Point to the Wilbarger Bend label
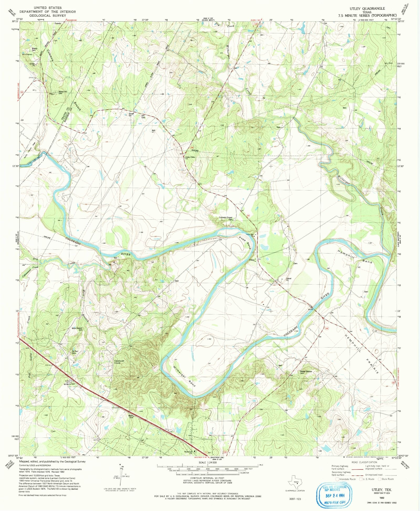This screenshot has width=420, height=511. coord(185,376)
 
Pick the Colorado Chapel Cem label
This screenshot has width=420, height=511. coord(226,218)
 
